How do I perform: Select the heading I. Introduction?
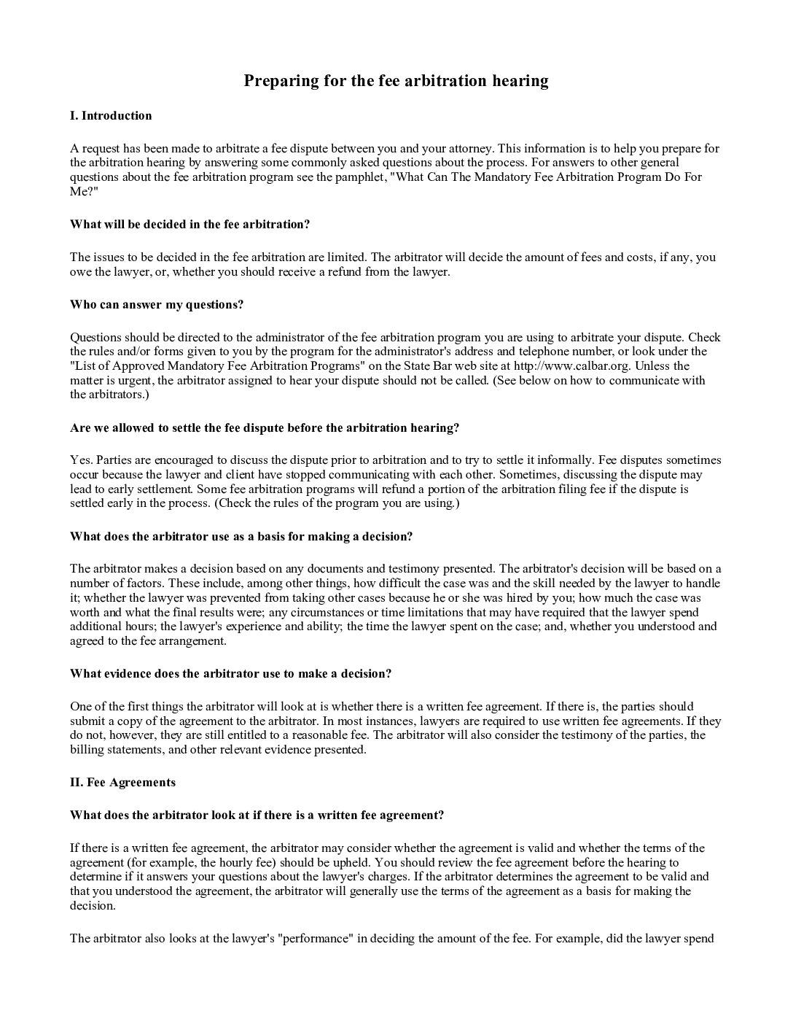(111, 115)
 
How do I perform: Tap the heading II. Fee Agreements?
(122, 782)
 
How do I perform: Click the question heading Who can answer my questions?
(157, 304)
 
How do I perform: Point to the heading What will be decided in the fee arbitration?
(190, 224)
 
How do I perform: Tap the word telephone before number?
(563, 352)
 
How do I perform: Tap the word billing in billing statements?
(86, 749)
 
